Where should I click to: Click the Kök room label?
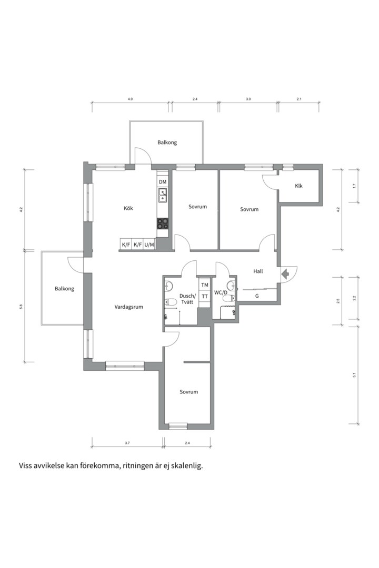(x=128, y=208)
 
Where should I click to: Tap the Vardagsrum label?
(x=129, y=307)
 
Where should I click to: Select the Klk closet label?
(x=298, y=186)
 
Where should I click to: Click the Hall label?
(x=258, y=271)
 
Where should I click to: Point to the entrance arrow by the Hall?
(x=285, y=274)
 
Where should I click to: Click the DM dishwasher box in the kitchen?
(x=163, y=181)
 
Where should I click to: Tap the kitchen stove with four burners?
(x=163, y=224)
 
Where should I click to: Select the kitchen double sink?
(x=163, y=195)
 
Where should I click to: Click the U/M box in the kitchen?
(x=149, y=245)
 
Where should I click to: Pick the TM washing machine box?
(x=205, y=285)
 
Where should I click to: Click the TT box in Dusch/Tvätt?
(x=205, y=296)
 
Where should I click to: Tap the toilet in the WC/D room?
(x=228, y=298)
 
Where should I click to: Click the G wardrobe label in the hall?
(x=257, y=296)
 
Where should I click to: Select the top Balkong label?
(x=167, y=143)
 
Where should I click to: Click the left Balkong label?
(x=65, y=289)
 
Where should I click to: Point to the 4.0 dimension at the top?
(x=131, y=99)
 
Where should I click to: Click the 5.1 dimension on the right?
(x=354, y=376)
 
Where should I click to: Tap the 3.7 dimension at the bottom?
(x=127, y=443)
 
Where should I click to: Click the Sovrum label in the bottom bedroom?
(x=189, y=392)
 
